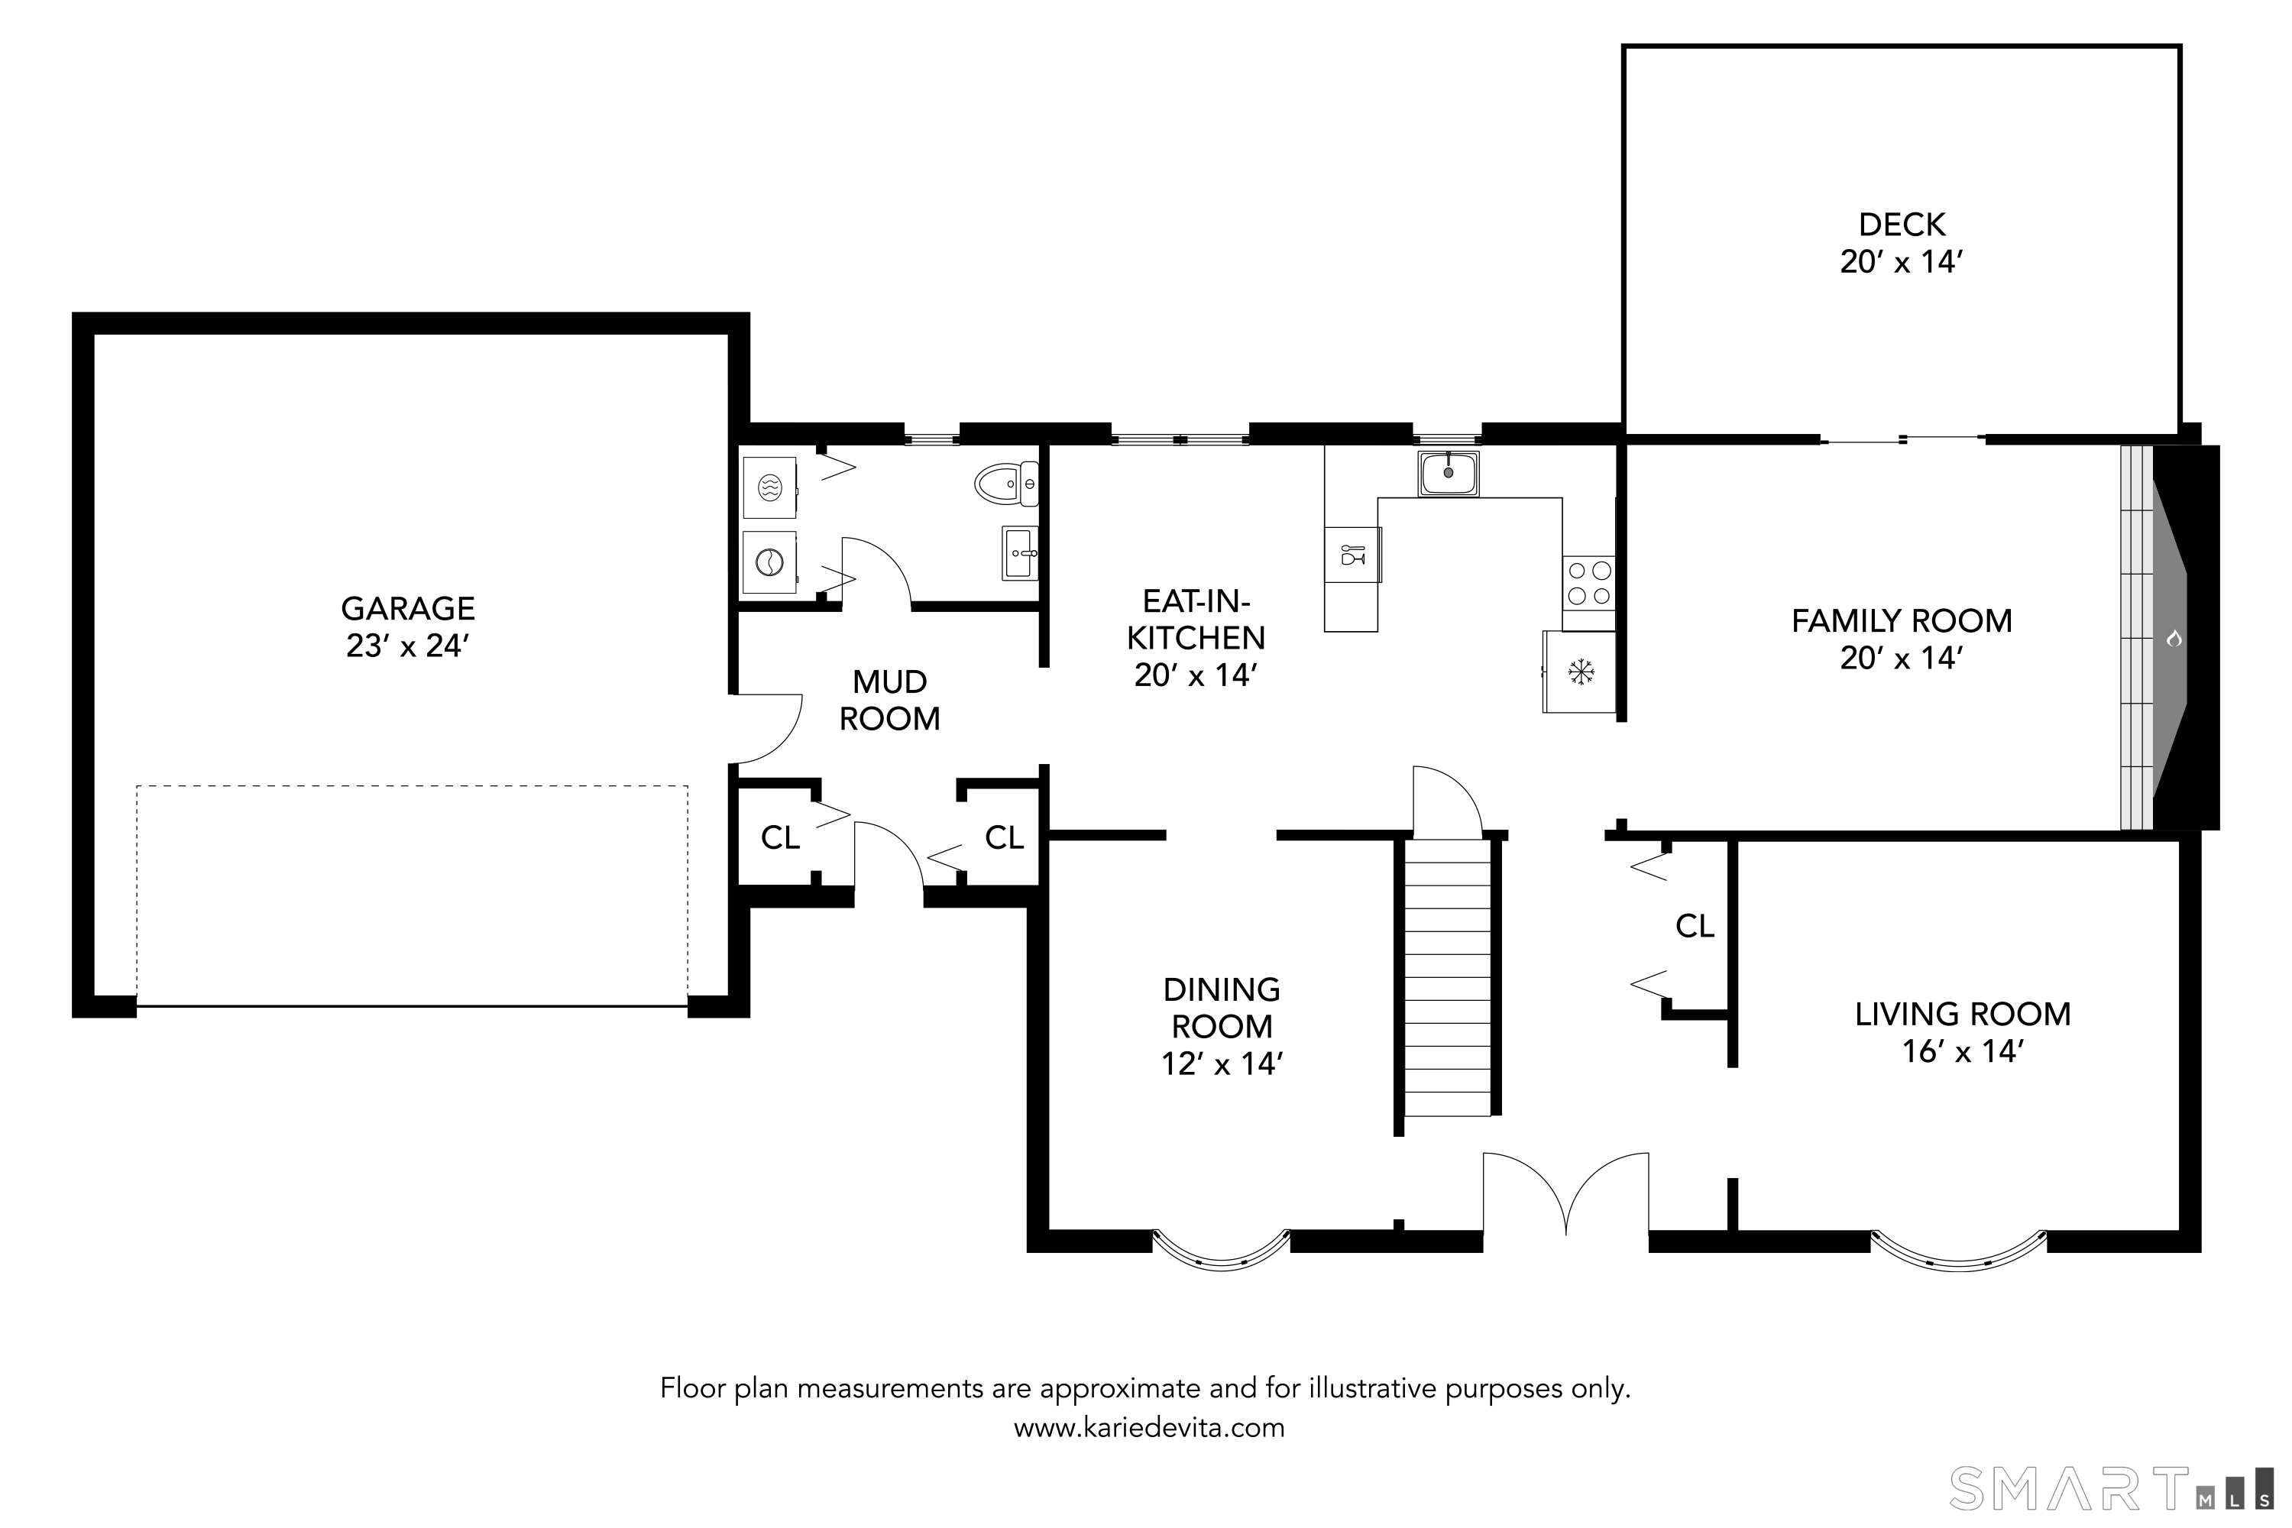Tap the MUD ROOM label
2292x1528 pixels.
pyautogui.click(x=890, y=700)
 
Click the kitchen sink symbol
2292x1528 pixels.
pyautogui.click(x=1448, y=474)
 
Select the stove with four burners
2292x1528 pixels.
pyautogui.click(x=1588, y=583)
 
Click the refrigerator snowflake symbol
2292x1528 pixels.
pyautogui.click(x=1580, y=671)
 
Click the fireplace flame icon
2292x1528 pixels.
pyautogui.click(x=2172, y=639)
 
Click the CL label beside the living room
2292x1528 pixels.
pyautogui.click(x=1695, y=926)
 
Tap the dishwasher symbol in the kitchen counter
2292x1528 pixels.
pyautogui.click(x=1352, y=555)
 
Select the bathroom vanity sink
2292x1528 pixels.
pyautogui.click(x=1020, y=552)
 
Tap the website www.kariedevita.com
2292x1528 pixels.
pyautogui.click(x=1149, y=1429)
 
